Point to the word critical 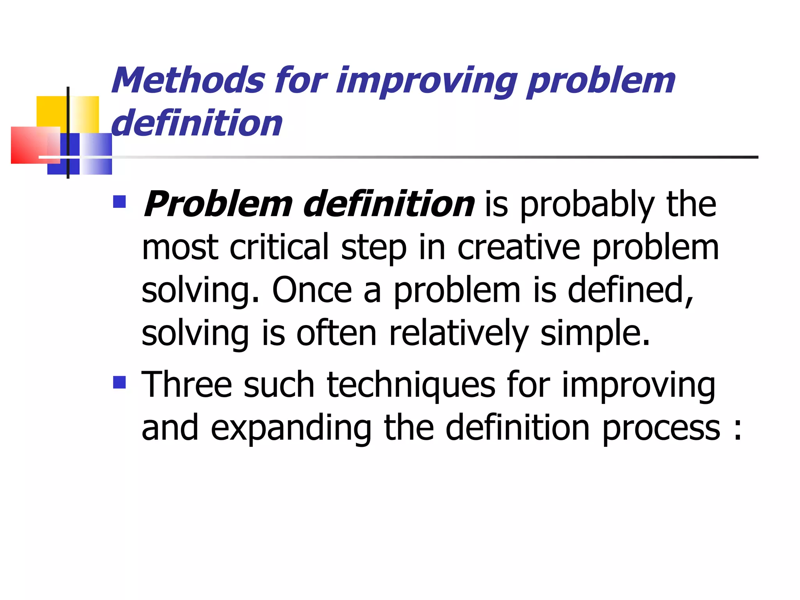[279, 247]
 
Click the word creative [518, 247]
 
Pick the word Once [312, 290]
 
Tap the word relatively [459, 333]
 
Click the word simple [595, 333]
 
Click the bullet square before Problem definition [119, 202]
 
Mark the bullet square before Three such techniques [119, 382]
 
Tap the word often [336, 333]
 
